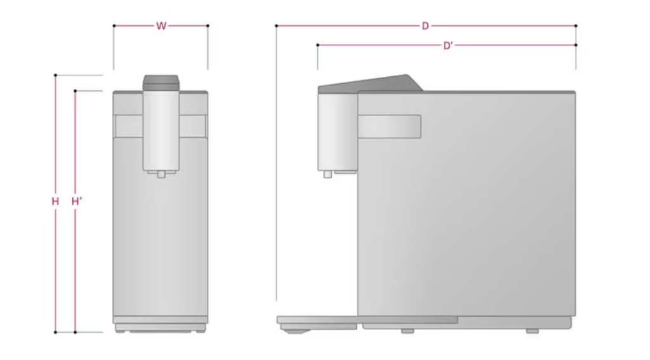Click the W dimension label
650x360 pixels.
(161, 26)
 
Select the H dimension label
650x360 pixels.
(55, 201)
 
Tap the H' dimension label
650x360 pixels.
(77, 201)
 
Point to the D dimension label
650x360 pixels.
(425, 26)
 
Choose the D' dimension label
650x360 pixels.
(448, 46)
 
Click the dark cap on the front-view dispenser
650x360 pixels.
(161, 83)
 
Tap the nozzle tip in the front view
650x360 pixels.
(161, 174)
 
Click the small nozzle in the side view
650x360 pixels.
(328, 174)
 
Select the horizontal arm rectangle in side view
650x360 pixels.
(389, 126)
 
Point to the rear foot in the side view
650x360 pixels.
(533, 331)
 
